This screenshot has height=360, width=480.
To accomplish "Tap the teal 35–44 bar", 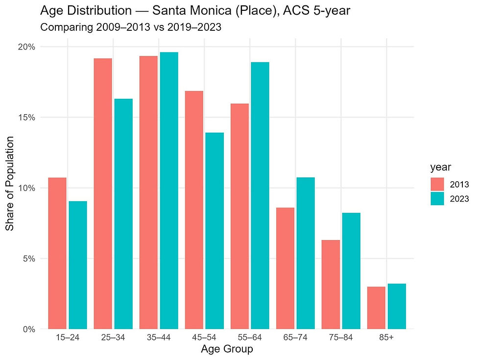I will pos(169,191).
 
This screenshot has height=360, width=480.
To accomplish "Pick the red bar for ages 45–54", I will pos(194,210).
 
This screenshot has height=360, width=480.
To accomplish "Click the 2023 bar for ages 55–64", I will pos(260,195).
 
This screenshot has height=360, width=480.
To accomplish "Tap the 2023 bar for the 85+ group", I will pos(397,306).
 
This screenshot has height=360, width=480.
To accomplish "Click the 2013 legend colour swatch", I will pos(437,185).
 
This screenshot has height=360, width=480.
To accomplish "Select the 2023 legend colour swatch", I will pos(437,198).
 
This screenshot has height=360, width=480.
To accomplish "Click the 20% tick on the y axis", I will pos(27,47).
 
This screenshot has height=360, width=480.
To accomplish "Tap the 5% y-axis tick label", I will pos(29,259).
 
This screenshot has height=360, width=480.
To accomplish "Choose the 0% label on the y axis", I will pos(29,329).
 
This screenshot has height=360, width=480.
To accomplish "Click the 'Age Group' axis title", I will pos(227,349).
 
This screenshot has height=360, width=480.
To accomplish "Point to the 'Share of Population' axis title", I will pos(10,188).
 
